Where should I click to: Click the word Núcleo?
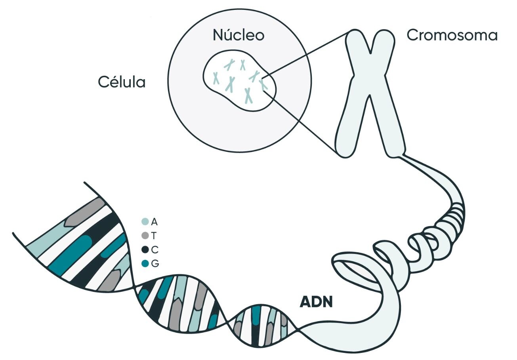[238, 35]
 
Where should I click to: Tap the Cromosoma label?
[452, 35]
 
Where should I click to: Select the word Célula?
[122, 82]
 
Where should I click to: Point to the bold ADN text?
[316, 302]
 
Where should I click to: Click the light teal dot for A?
[145, 222]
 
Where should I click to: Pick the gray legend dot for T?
[145, 236]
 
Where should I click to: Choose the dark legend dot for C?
[145, 250]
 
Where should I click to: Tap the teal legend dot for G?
[145, 263]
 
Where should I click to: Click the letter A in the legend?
[154, 222]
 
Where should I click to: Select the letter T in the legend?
[154, 236]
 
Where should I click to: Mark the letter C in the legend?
[155, 250]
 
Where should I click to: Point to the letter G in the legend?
[155, 263]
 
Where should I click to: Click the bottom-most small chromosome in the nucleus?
[248, 95]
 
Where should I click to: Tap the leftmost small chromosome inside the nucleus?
[216, 78]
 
